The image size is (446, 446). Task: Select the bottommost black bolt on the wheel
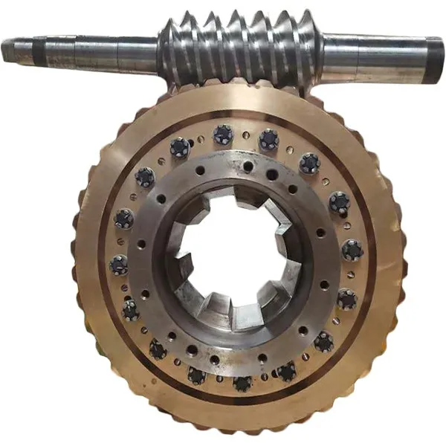click(242, 383)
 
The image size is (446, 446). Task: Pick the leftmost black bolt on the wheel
click(119, 264)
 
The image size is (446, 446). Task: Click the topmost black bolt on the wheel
click(223, 135)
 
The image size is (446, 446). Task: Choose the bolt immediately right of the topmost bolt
click(268, 139)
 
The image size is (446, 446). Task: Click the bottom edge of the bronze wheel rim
click(238, 430)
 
